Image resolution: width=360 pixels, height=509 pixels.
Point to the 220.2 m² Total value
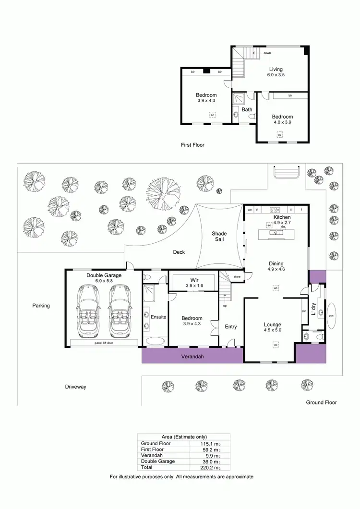[210, 467]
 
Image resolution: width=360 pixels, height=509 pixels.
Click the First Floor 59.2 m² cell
[210, 450]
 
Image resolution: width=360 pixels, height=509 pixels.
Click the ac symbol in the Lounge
[276, 344]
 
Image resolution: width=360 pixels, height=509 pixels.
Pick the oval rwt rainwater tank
[331, 315]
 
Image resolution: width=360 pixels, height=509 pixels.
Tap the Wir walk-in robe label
[195, 280]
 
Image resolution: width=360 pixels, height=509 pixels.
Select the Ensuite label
[158, 317]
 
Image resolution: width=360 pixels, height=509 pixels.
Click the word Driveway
[75, 387]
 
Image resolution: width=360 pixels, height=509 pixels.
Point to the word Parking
[41, 305]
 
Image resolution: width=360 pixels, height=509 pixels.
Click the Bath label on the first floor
[247, 109]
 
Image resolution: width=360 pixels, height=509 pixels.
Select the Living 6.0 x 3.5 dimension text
[276, 75]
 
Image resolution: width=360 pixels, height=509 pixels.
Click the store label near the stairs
[237, 277]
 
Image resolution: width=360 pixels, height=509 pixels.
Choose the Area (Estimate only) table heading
[184, 437]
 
